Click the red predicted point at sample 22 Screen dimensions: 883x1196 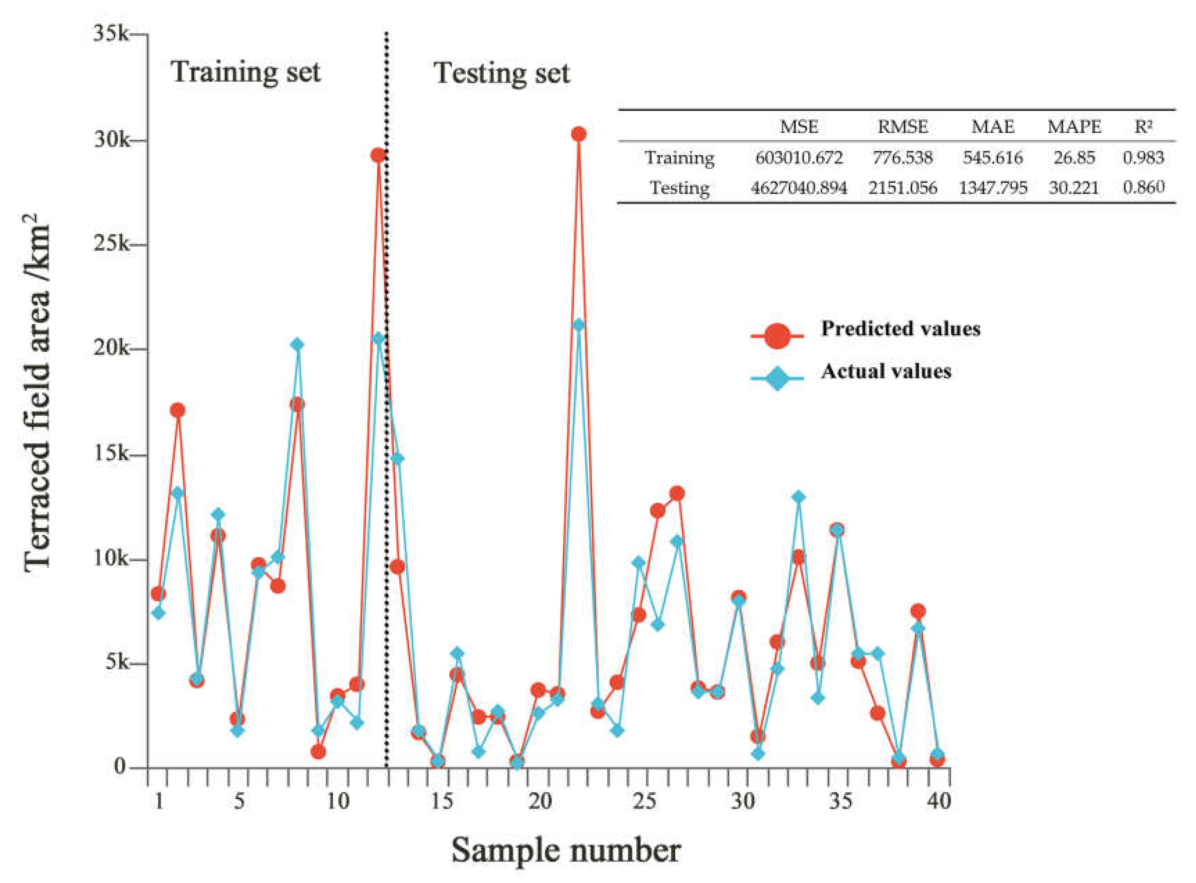pyautogui.click(x=578, y=134)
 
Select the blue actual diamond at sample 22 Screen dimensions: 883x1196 pyautogui.click(x=578, y=325)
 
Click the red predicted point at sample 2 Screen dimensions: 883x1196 pyautogui.click(x=178, y=410)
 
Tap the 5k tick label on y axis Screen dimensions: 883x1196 pyautogui.click(x=116, y=663)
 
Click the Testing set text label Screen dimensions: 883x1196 pyautogui.click(x=501, y=73)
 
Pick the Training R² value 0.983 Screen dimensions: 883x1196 pyautogui.click(x=1143, y=158)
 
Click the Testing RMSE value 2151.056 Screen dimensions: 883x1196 pyautogui.click(x=903, y=188)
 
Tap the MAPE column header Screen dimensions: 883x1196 pyautogui.click(x=1074, y=127)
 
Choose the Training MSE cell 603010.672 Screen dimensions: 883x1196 pyautogui.click(x=799, y=158)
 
